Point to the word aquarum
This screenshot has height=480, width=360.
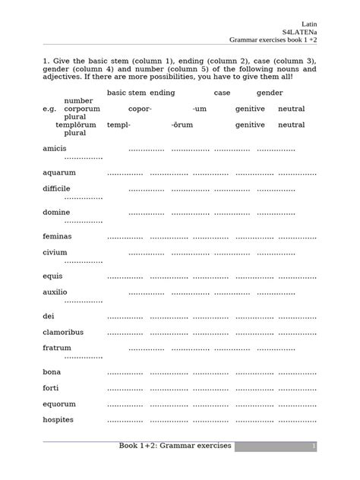coord(59,172)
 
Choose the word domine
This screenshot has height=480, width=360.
coord(56,212)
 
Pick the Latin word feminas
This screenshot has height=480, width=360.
coord(58,236)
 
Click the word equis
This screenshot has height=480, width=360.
coord(53,276)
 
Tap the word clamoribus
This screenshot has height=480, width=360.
coord(63,332)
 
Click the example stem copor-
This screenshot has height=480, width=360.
coord(140,109)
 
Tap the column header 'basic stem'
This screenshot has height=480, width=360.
coord(126,93)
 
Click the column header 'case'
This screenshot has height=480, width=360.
coord(222,93)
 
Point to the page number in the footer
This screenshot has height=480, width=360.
coord(313,446)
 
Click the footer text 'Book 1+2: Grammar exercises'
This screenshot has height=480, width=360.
coord(175,445)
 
